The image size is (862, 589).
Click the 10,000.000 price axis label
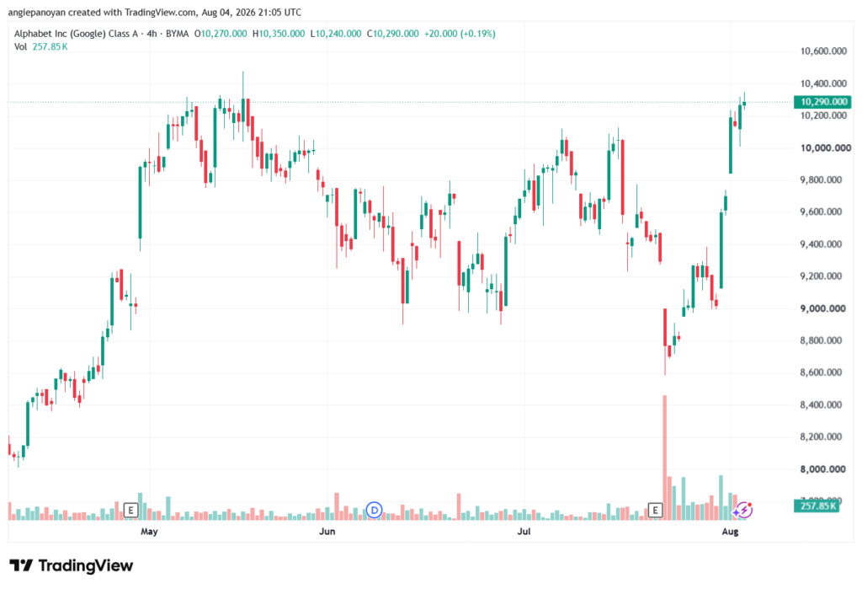825,148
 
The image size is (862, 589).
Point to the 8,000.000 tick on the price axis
823,469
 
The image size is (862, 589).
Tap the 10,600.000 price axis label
823,51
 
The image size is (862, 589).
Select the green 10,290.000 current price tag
822,102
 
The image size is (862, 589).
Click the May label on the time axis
149,531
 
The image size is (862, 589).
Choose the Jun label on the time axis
327,531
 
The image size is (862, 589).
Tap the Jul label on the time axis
524,531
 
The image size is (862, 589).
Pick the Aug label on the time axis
730,531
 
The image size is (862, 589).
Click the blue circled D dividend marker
375,511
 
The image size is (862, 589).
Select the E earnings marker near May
130,511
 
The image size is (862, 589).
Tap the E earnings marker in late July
655,511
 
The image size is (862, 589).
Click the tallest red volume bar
665,458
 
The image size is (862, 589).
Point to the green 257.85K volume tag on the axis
817,506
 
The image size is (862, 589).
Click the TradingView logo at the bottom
71,565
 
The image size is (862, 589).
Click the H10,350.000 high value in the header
278,34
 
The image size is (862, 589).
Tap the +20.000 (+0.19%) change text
460,34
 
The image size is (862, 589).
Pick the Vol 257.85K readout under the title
41,47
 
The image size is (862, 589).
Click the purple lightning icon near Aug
744,511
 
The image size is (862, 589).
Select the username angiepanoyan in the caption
36,12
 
